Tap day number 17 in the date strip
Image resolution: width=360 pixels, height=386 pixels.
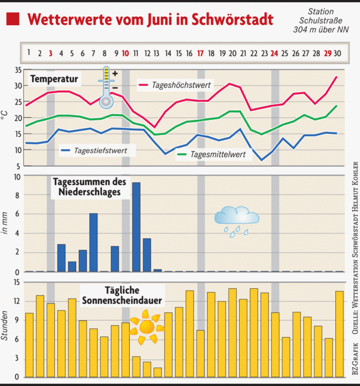coord(200,53)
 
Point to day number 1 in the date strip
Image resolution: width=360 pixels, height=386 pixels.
coord(28,53)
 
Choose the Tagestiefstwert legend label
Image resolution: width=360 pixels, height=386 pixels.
coord(100,151)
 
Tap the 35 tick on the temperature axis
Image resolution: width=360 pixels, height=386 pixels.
coord(18,70)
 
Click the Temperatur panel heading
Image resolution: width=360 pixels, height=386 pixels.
coord(54,79)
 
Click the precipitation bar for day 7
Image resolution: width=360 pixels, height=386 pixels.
coord(93,242)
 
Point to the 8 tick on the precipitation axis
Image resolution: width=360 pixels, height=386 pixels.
coord(18,196)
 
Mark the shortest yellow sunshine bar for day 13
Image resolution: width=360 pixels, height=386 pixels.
coord(157,372)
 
